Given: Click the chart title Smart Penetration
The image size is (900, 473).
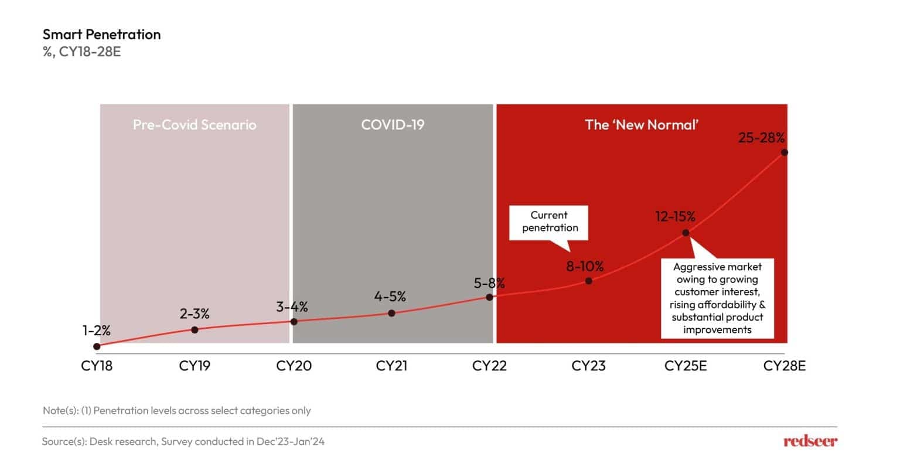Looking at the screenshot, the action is click(x=101, y=35).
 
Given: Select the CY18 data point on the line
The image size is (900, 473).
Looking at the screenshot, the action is click(x=97, y=346).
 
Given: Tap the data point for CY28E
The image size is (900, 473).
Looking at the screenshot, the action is click(x=785, y=153).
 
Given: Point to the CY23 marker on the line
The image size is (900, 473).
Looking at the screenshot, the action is click(x=589, y=281).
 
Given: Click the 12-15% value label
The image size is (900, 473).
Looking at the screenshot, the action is click(x=675, y=217).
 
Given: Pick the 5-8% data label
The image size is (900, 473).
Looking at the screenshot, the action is click(x=489, y=283).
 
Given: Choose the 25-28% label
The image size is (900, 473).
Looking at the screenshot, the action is click(x=761, y=138).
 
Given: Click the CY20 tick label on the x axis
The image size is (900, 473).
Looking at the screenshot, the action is click(x=294, y=366).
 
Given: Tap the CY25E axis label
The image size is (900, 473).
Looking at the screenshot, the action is click(x=686, y=366).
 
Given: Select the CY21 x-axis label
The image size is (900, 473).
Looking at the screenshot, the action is click(x=391, y=366).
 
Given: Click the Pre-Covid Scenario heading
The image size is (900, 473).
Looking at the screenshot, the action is click(x=195, y=125).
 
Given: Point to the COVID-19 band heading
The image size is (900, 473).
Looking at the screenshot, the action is click(x=393, y=125).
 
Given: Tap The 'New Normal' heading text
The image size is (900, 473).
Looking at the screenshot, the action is click(x=642, y=125).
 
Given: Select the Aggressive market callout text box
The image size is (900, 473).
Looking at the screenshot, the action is click(x=717, y=298).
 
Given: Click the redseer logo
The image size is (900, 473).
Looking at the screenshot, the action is click(x=810, y=441).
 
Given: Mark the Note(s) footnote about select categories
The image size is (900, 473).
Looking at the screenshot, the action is click(x=177, y=410).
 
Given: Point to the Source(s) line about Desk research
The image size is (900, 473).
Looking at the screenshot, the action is click(x=183, y=441).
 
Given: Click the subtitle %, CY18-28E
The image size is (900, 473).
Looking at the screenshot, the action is click(x=81, y=52).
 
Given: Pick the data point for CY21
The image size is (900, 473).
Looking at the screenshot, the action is click(x=391, y=313).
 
